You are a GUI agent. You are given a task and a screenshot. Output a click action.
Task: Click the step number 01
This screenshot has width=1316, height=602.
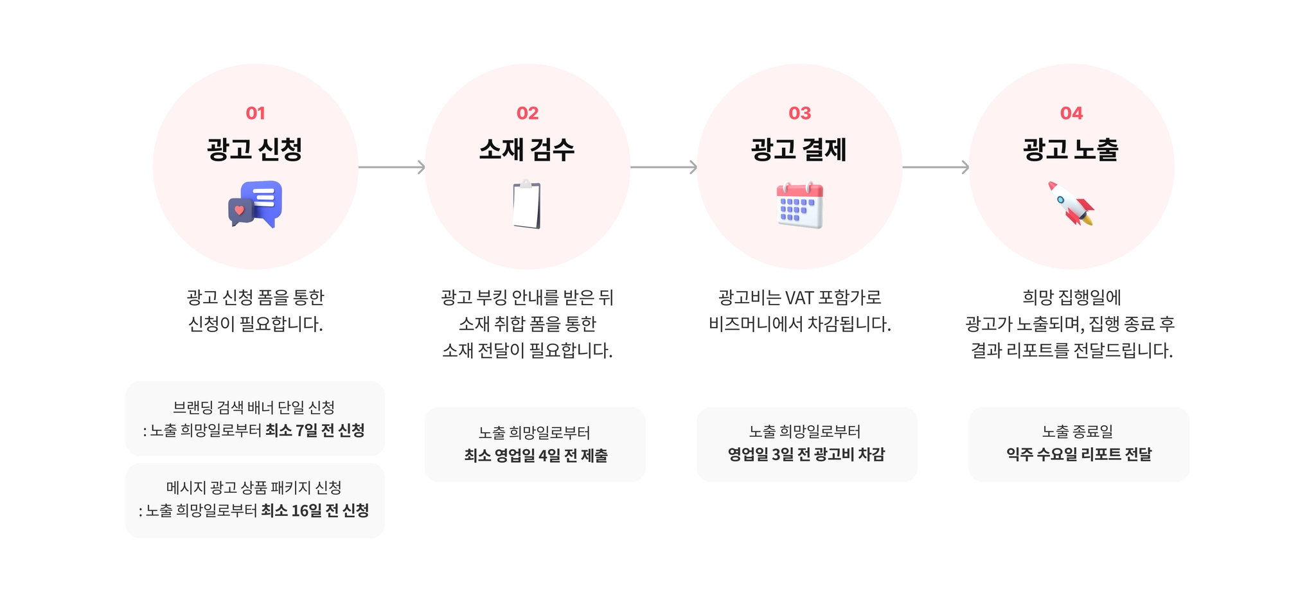(255, 113)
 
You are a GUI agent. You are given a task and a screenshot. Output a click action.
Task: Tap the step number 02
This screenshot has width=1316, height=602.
(527, 113)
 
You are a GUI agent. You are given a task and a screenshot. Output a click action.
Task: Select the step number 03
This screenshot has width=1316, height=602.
(799, 113)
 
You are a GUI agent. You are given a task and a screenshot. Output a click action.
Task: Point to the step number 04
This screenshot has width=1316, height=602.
(1071, 113)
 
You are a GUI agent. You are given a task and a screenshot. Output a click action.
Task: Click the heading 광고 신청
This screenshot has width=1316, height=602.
(255, 150)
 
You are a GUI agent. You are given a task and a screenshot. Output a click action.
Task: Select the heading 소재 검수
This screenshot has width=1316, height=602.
(527, 150)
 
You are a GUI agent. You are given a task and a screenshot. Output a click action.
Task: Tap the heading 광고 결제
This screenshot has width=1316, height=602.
(799, 150)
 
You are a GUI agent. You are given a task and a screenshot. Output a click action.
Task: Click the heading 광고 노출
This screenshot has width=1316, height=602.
(1071, 150)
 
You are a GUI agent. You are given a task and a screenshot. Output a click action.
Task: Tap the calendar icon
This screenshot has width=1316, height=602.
(799, 206)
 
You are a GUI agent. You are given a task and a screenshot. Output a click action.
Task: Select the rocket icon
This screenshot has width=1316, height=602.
(1071, 204)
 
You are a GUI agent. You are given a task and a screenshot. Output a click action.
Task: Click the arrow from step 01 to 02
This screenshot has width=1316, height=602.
(391, 167)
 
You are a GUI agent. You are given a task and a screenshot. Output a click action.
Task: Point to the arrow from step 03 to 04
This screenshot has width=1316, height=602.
(936, 167)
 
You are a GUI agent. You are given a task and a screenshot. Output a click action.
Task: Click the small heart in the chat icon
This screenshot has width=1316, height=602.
(239, 210)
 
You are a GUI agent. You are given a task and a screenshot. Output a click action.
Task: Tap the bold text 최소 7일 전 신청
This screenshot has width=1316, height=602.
(315, 430)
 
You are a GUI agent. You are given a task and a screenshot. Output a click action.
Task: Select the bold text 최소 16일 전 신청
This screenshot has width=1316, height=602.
(315, 511)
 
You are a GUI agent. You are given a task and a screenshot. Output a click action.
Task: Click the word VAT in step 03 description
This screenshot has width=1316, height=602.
(799, 297)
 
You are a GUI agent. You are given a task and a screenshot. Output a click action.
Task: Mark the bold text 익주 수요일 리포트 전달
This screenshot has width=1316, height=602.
(1079, 455)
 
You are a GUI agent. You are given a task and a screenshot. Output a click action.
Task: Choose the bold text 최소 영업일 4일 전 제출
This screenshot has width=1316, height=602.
(535, 456)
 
